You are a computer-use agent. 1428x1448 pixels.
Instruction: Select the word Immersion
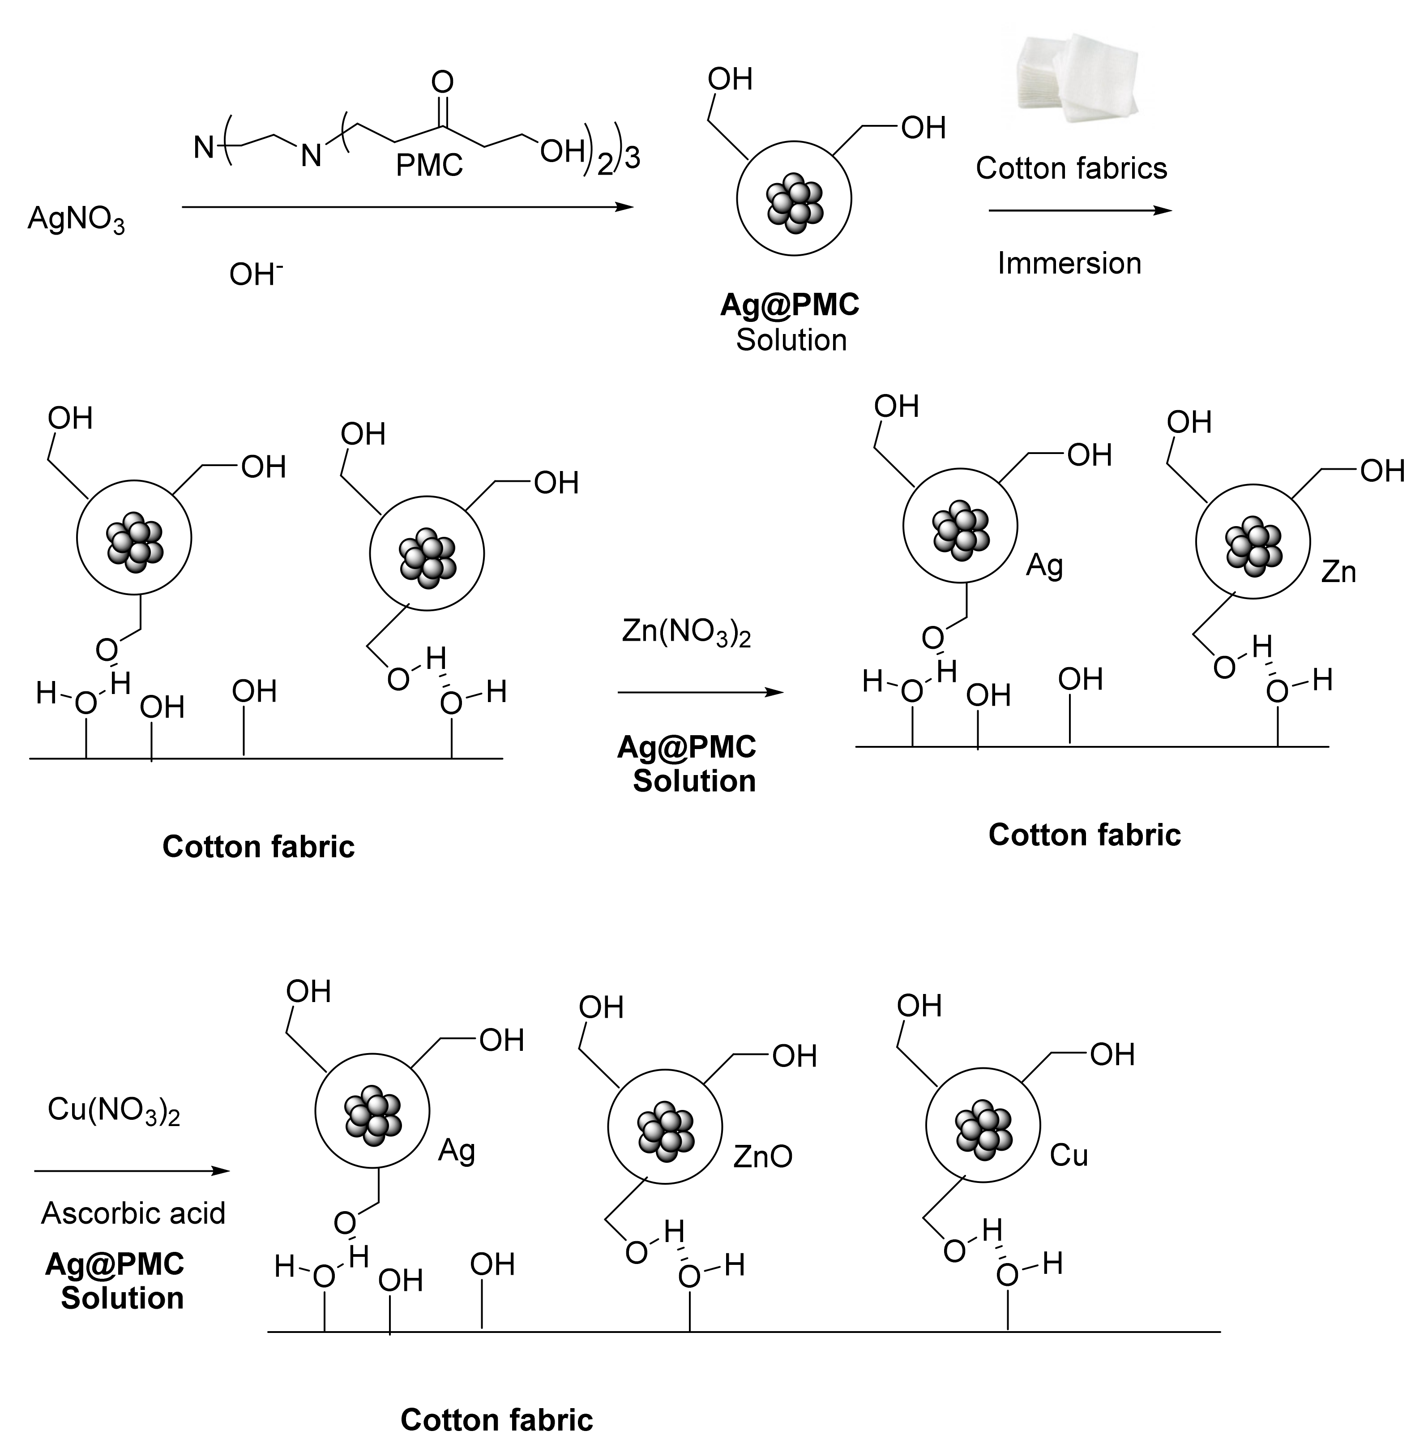coord(1069,264)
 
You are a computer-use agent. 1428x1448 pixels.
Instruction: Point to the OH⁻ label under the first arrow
coord(255,274)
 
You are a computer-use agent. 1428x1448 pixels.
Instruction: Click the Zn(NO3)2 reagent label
coord(685,633)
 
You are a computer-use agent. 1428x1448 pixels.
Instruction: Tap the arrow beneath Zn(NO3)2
coord(700,693)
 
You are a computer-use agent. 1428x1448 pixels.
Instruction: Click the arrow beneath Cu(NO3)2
coord(131,1171)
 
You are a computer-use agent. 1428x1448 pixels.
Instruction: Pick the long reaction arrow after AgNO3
coord(407,207)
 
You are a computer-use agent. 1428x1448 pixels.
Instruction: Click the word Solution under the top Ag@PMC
coord(791,340)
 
